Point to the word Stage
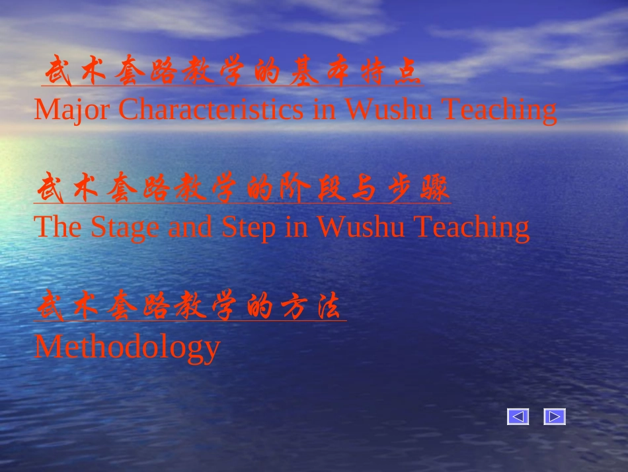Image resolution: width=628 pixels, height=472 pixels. click(x=125, y=227)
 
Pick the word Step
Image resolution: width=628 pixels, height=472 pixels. click(x=249, y=227)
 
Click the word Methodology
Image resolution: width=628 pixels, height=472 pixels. click(x=127, y=346)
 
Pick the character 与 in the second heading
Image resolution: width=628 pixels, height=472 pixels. click(x=363, y=191)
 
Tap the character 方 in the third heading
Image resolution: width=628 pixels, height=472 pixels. click(x=294, y=308)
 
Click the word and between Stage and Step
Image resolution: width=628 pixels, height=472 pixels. click(x=190, y=227)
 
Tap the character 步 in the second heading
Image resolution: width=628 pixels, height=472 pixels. click(x=399, y=191)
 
